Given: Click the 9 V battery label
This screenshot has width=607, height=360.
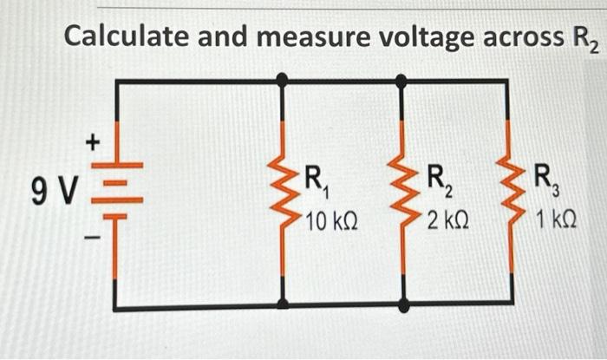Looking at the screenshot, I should point(54,188).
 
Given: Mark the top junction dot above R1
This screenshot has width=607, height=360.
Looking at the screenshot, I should point(282,80).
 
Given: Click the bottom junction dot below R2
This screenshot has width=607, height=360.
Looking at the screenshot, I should point(401,304).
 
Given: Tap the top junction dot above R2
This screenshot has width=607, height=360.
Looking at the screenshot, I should point(401,80).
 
